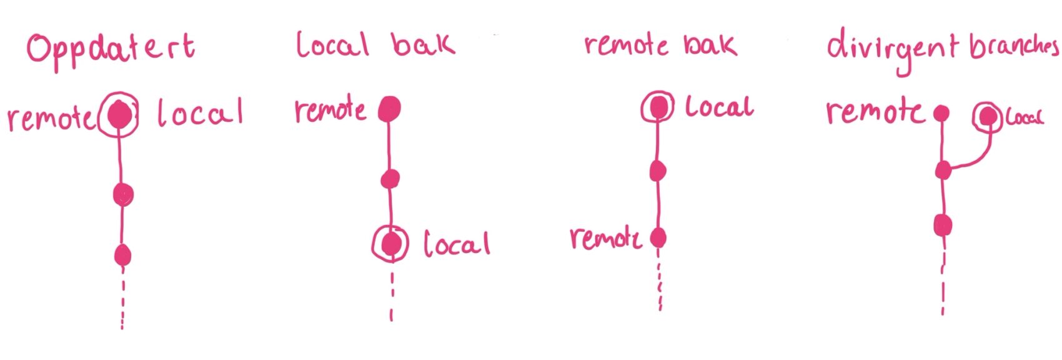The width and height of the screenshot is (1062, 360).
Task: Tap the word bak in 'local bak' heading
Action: pos(423,44)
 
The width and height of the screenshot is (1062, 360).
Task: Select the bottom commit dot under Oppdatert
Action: pos(122,255)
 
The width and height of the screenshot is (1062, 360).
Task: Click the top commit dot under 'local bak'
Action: pos(389,109)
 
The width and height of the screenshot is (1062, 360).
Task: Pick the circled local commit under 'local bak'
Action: pos(390,244)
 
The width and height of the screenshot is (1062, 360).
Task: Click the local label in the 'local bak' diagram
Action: pos(457,244)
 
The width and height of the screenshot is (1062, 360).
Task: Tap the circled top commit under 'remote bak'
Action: pos(657,107)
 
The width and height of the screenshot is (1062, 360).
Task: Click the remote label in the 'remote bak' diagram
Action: pos(605,238)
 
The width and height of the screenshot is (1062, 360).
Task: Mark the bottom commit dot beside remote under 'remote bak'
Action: pos(658,237)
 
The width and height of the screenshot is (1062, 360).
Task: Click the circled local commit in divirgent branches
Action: pos(988,117)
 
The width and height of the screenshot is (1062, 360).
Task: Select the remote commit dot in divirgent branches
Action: pos(941,113)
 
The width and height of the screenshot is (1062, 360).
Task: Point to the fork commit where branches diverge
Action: pos(943,169)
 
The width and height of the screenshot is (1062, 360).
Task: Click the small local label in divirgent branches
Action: pos(1024,117)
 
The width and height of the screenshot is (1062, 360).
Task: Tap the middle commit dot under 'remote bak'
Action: pos(658,171)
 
